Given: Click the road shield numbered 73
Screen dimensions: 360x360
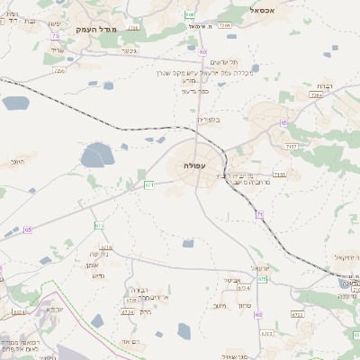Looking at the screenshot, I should point(56,36).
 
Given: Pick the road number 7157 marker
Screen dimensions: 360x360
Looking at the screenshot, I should point(290,144).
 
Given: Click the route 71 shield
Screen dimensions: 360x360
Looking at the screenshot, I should point(259,214).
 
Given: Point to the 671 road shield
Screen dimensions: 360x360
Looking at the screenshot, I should point(148,184).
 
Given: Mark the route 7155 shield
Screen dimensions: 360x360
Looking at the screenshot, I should point(279,174).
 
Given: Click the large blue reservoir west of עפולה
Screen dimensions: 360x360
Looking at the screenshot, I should point(98,158).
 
